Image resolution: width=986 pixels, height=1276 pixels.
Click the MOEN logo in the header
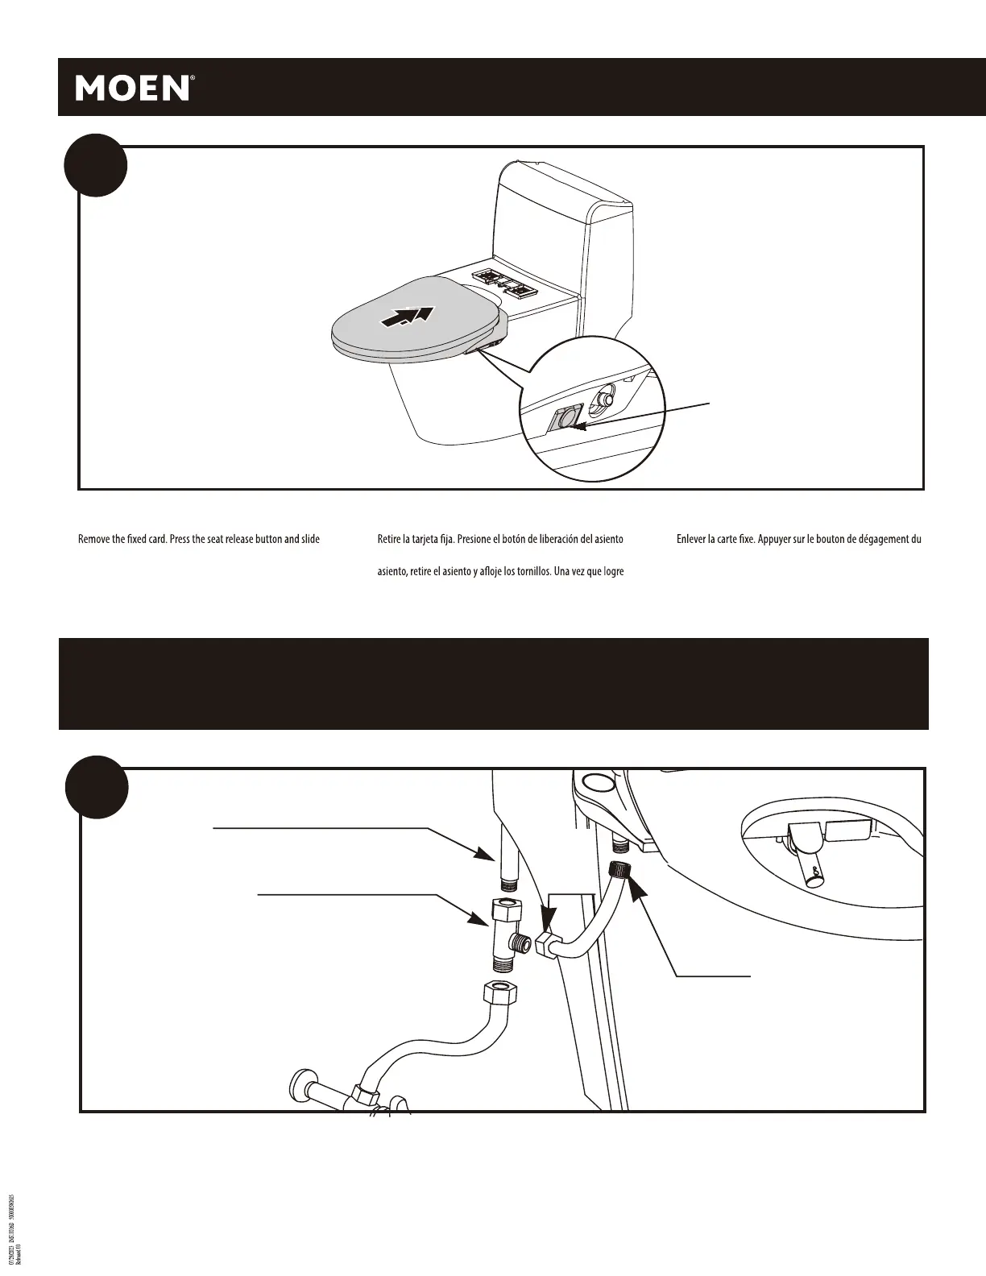pos(133,88)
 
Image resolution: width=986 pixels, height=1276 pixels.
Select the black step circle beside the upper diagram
pos(95,164)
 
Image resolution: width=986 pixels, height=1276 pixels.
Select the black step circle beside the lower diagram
pos(96,787)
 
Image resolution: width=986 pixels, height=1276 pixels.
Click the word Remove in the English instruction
pos(95,539)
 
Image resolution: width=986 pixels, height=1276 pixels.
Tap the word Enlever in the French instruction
pos(691,539)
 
